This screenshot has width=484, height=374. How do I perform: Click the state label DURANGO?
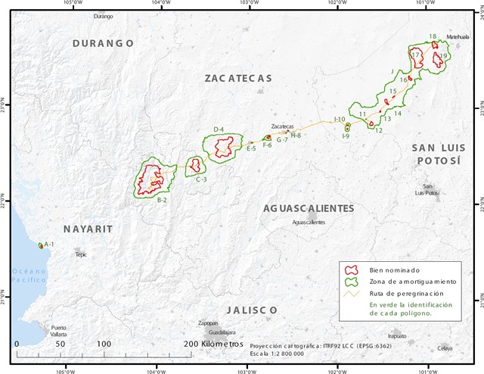point(103,44)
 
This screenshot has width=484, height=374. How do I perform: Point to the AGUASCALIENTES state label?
point(308,207)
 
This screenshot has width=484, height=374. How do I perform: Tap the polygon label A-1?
point(49,245)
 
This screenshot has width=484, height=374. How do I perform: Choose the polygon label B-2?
point(162,200)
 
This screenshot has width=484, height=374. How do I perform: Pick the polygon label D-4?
point(219,129)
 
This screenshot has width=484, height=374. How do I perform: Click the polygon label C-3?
point(201,179)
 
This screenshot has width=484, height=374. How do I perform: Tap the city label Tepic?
point(81,255)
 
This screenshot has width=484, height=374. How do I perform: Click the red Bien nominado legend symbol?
point(350,270)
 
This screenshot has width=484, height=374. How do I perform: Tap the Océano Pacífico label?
point(27,276)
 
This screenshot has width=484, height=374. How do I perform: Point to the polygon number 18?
point(433,36)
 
